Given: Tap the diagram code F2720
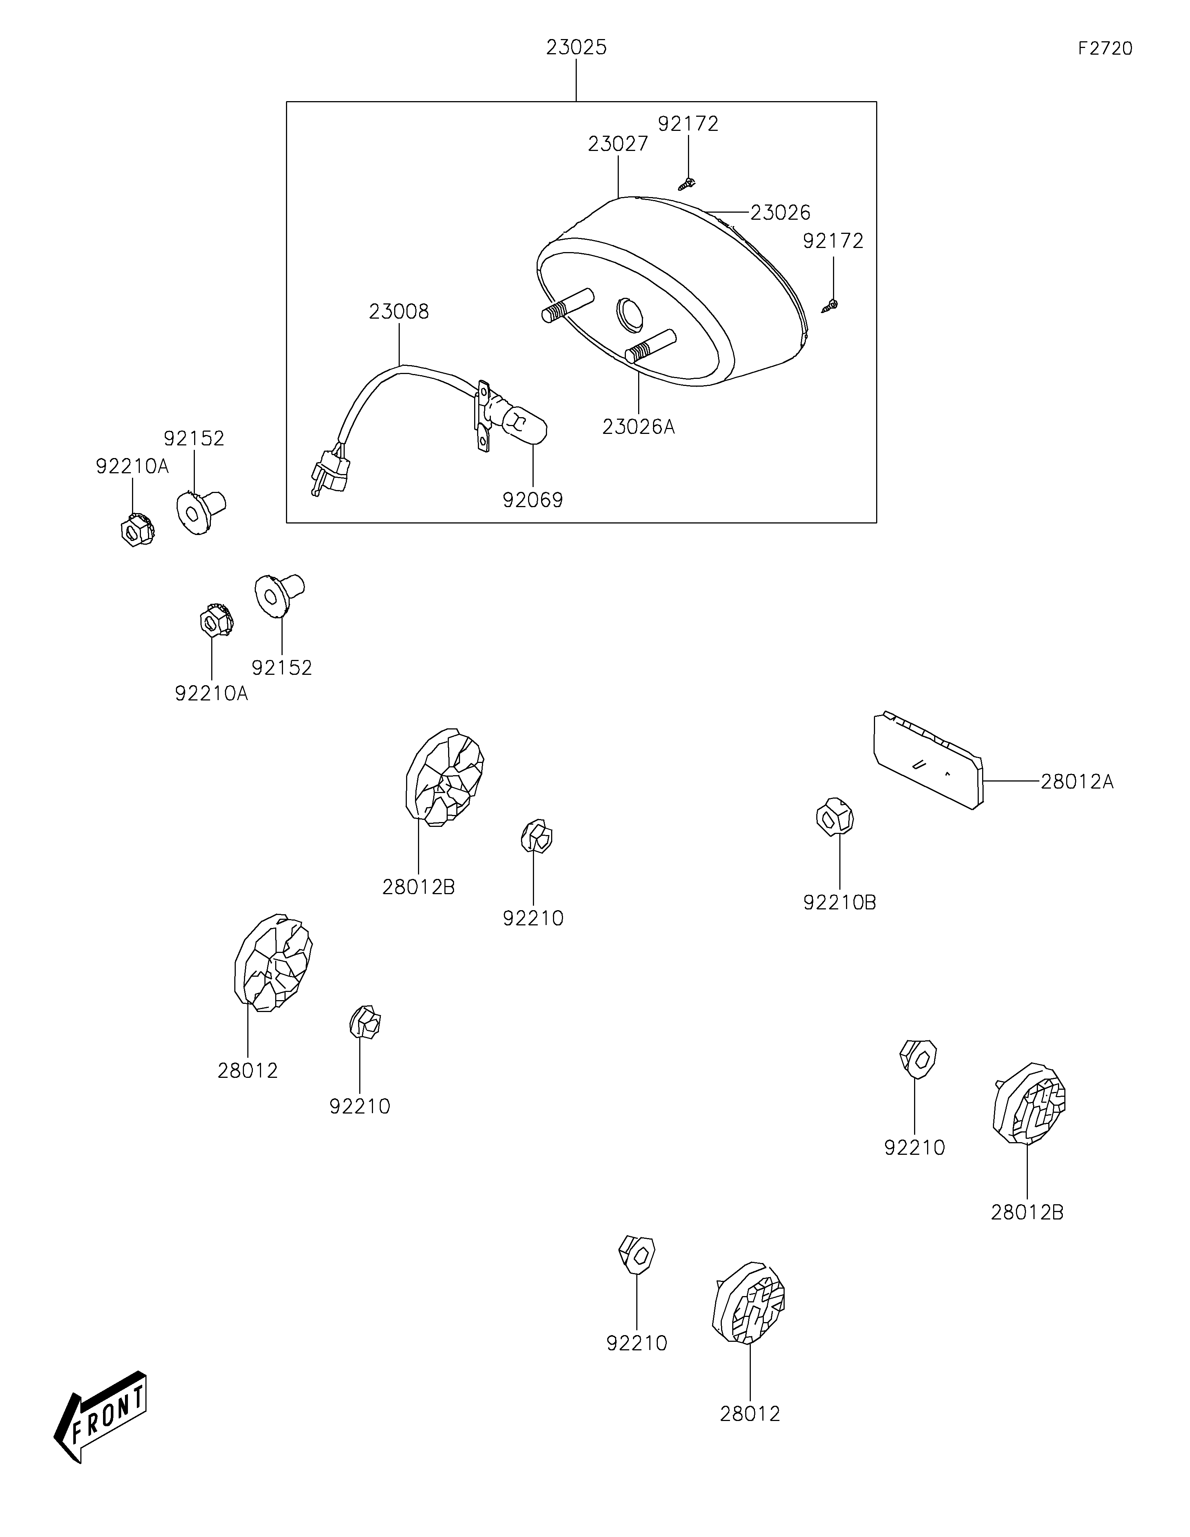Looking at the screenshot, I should (1105, 49).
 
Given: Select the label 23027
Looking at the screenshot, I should (618, 144).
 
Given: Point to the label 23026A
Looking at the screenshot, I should (638, 426).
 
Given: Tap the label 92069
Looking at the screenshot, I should (533, 500).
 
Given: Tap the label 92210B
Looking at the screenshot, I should (840, 902).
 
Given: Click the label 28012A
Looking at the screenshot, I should (1077, 782).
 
